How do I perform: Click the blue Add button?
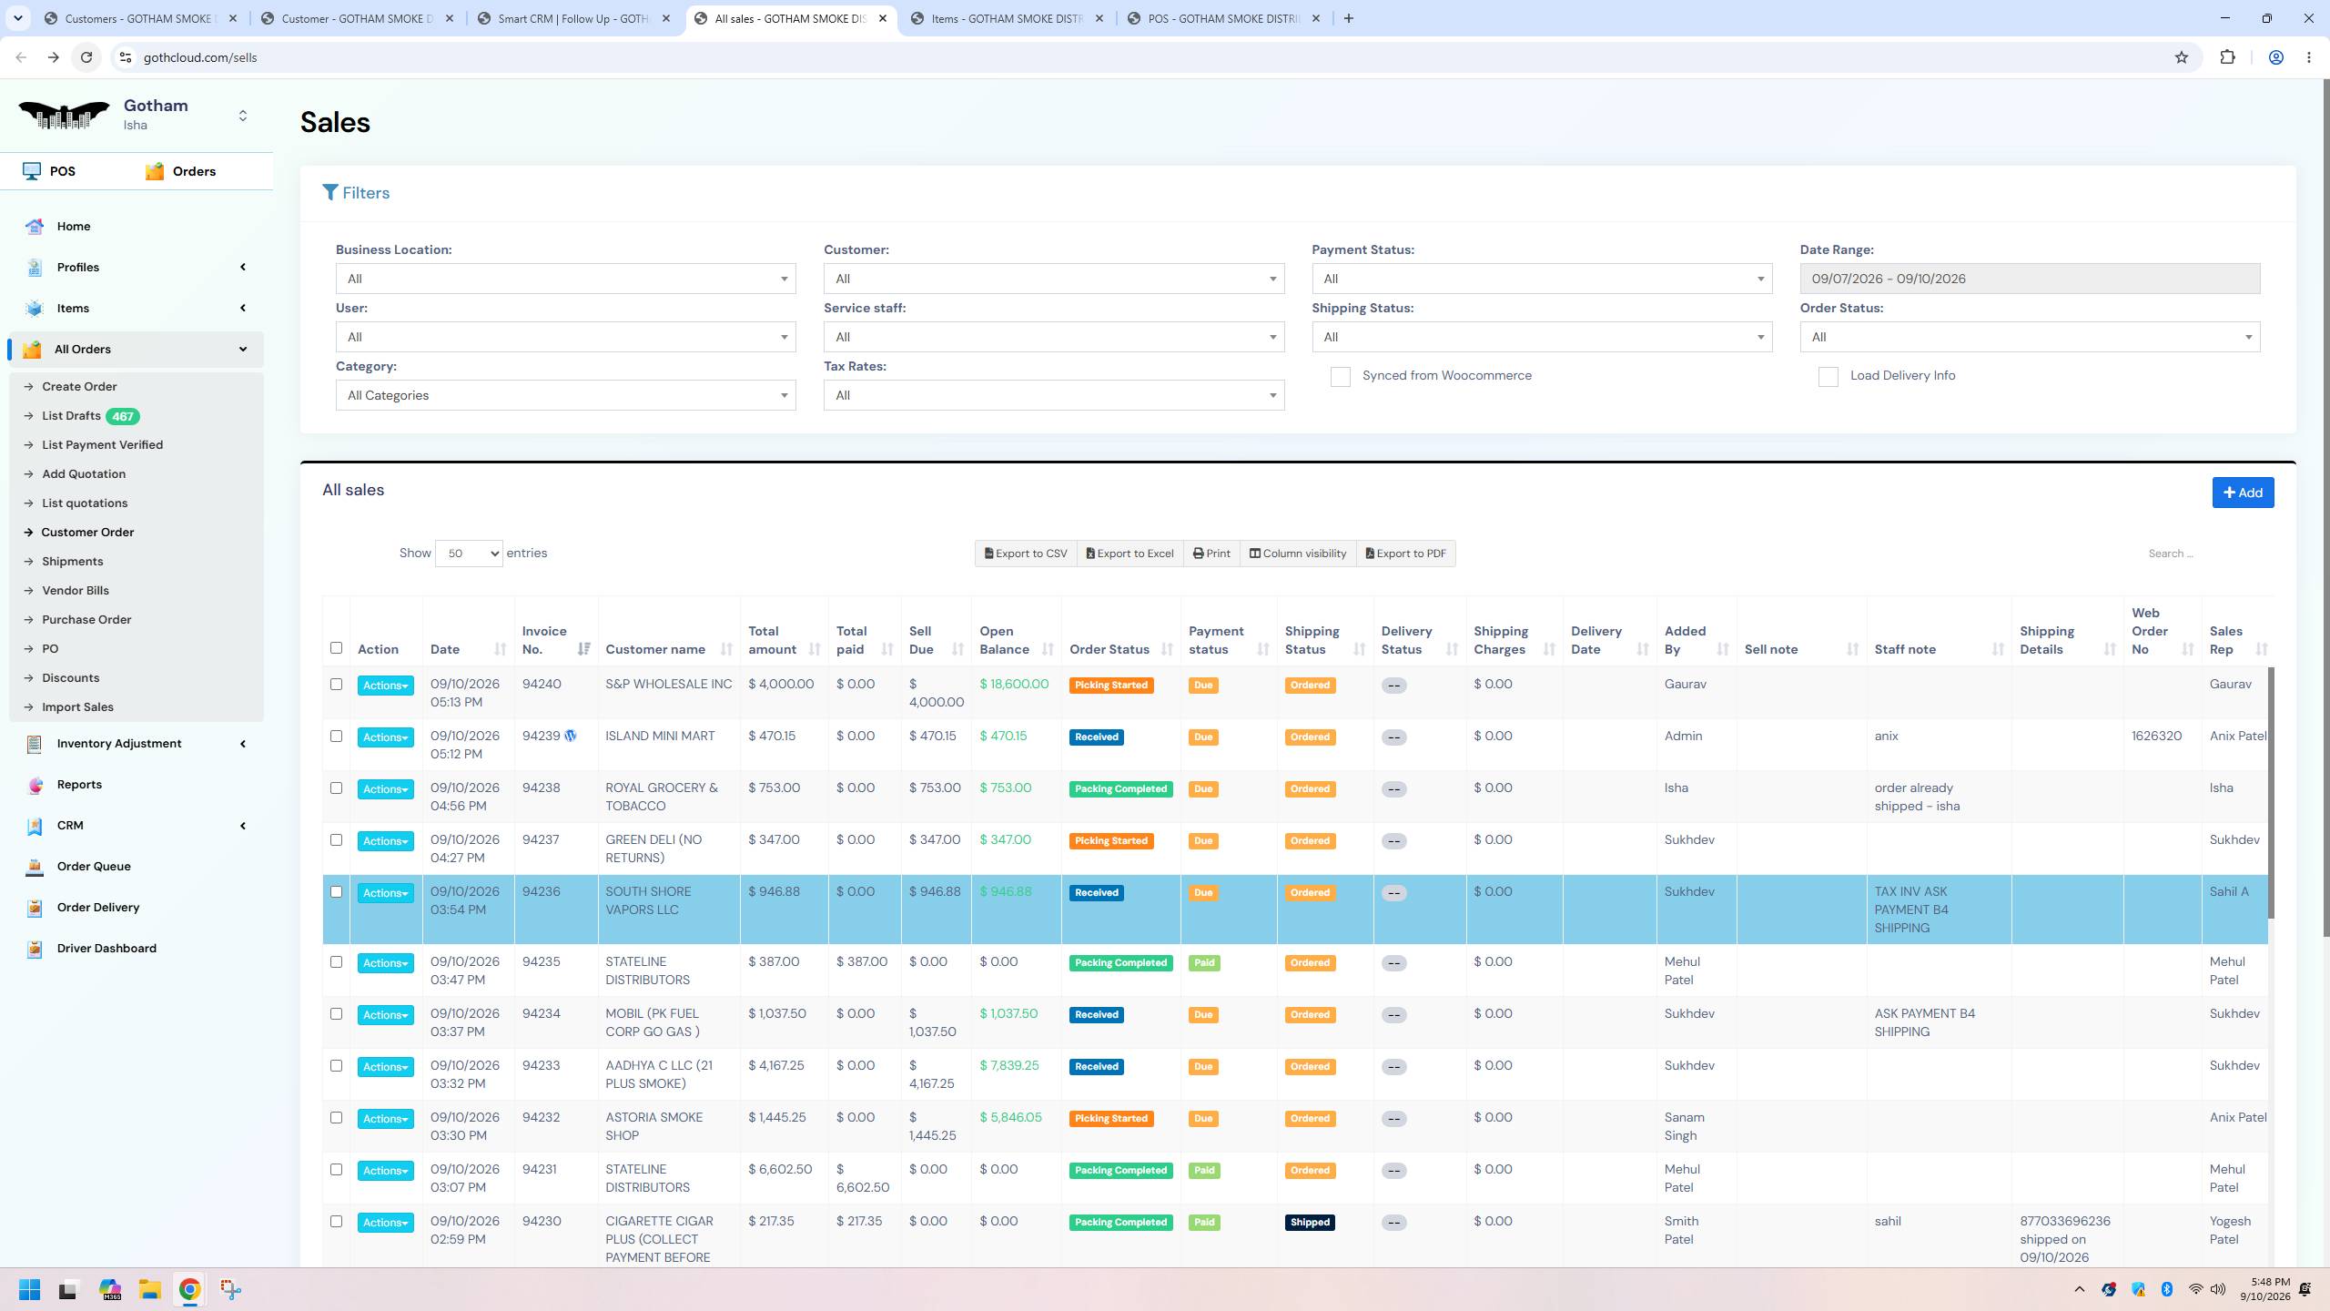coord(2243,493)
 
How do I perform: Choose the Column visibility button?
coord(1298,554)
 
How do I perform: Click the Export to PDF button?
coord(1406,554)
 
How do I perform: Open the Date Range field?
coord(2030,279)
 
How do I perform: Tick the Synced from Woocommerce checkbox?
coord(1340,377)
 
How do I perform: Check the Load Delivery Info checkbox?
coord(1828,377)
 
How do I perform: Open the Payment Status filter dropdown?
coord(1542,279)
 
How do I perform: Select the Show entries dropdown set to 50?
coord(469,554)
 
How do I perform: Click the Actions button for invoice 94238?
coord(385,789)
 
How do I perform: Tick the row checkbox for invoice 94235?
coord(336,961)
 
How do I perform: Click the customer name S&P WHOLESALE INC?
coord(669,684)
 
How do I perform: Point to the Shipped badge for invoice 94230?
coord(1310,1222)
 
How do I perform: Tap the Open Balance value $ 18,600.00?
coord(1014,684)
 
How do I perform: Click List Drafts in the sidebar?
coord(71,416)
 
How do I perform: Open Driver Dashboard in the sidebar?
coord(106,948)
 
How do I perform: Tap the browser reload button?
coord(86,57)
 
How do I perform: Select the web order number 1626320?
coord(2156,736)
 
